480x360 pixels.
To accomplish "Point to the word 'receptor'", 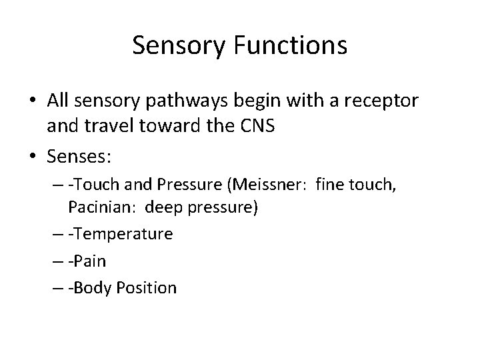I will (382, 101).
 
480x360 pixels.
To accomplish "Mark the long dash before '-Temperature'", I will (58, 234).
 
